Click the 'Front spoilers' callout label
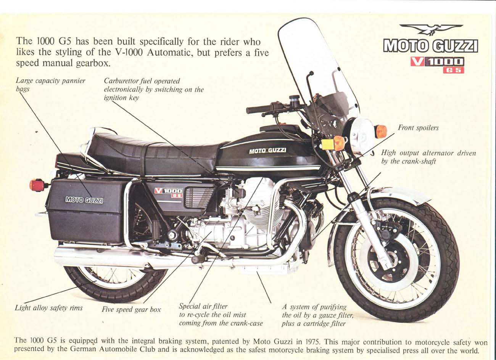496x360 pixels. click(x=418, y=128)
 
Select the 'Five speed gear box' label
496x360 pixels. click(x=131, y=310)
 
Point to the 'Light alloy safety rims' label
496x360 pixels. click(x=48, y=308)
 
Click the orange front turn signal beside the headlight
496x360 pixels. click(x=381, y=132)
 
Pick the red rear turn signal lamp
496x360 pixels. click(x=37, y=185)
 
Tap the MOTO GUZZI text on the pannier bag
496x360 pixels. click(x=84, y=199)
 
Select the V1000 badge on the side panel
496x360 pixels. click(x=168, y=192)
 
